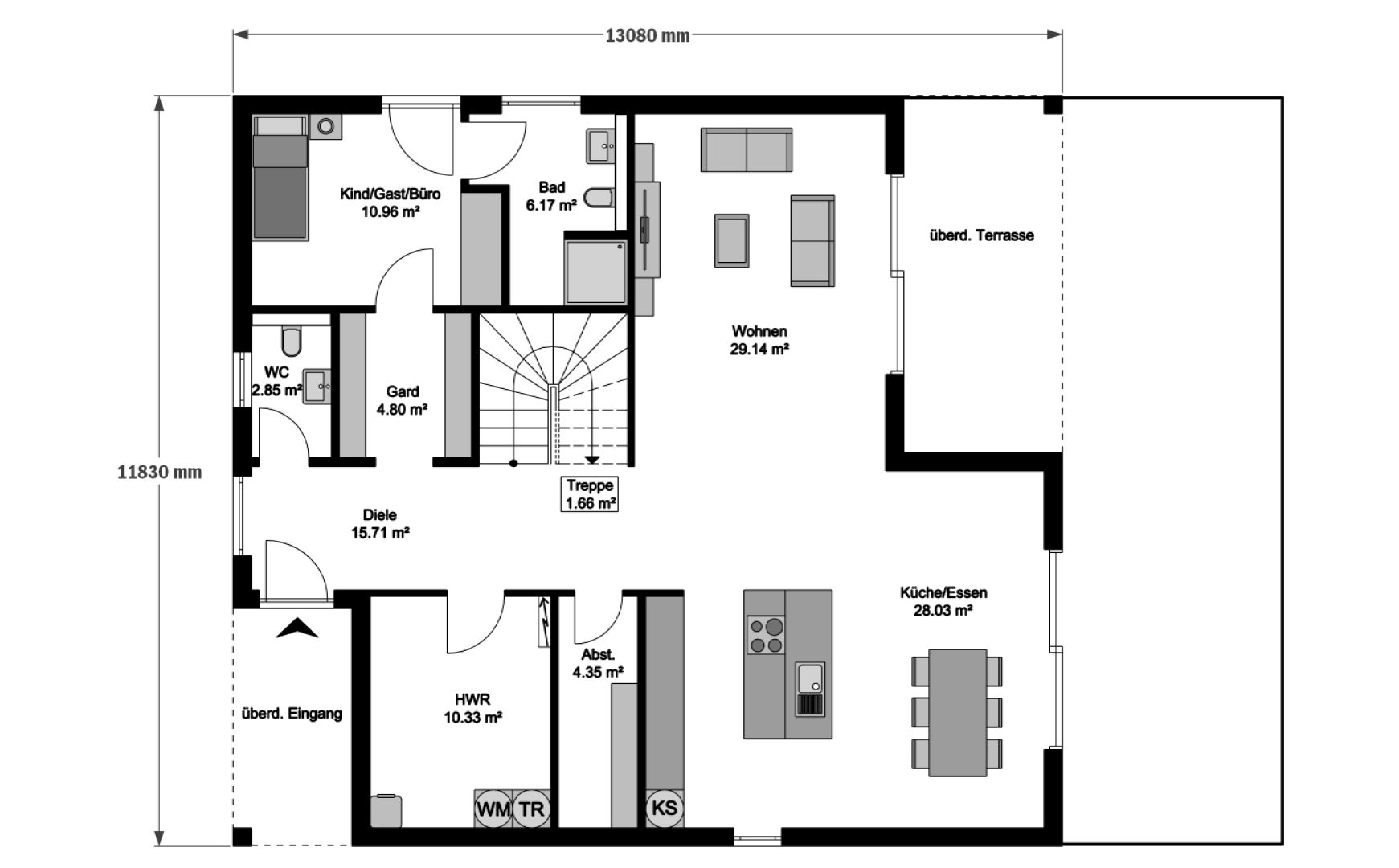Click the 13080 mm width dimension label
[x=647, y=35]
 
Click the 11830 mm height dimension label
[x=159, y=473]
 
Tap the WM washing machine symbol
[x=493, y=808]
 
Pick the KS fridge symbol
[x=665, y=808]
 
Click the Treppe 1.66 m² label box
[x=591, y=494]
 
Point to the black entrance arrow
[x=297, y=628]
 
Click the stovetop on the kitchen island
[x=766, y=634]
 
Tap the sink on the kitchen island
[x=809, y=688]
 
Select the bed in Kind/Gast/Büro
[x=280, y=177]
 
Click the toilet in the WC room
[x=292, y=340]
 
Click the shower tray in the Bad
[x=595, y=271]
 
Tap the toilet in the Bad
[x=599, y=198]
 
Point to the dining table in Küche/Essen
[x=958, y=712]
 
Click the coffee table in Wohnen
[x=731, y=240]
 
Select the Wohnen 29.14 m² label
[x=759, y=340]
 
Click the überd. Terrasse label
[x=981, y=235]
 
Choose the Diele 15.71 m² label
[x=380, y=523]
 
